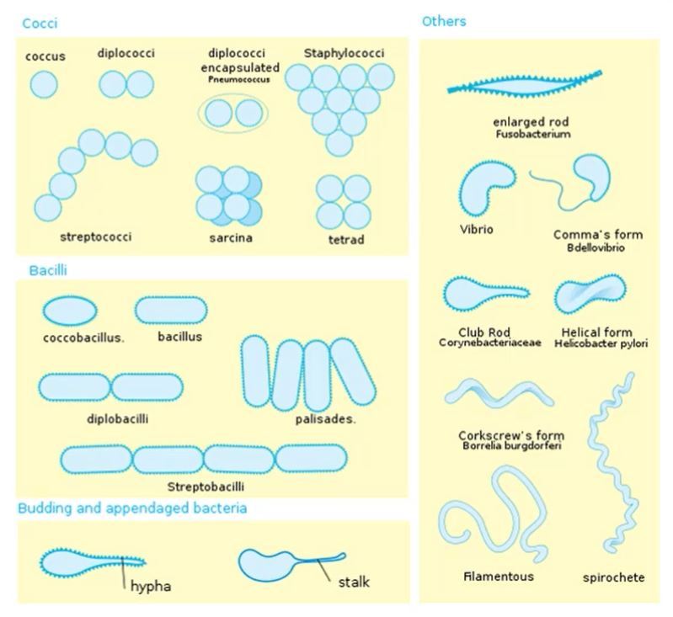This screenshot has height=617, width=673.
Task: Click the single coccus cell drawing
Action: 44,84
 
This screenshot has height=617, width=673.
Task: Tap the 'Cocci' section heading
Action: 40,23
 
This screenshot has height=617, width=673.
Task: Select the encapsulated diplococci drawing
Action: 232,113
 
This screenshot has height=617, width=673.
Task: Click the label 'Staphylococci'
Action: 344,53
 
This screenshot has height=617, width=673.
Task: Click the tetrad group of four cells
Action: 344,202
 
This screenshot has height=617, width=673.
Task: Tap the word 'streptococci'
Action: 96,237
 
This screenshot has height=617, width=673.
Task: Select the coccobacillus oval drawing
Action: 70,311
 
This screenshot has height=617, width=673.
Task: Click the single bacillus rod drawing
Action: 171,311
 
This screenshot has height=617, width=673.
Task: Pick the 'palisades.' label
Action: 325,418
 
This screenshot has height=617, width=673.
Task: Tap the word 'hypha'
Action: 151,586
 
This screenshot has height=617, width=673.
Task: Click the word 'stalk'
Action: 354,582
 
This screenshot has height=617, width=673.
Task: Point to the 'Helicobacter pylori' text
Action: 601,343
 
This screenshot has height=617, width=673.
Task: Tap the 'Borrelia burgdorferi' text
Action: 511,446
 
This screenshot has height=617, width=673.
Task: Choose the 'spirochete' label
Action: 613,577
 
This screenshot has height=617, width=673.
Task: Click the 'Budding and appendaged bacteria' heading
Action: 132,508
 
